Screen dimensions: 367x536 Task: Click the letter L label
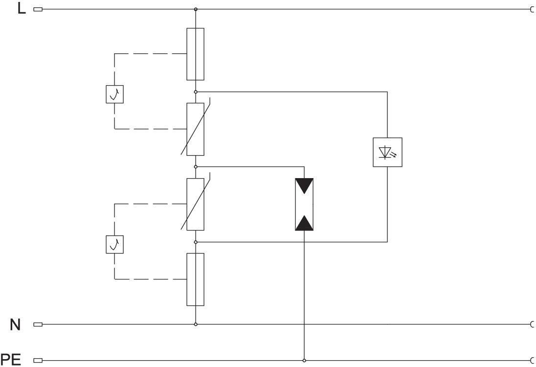(x=22, y=9)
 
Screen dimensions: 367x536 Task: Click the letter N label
(x=16, y=324)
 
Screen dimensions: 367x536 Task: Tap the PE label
(x=13, y=361)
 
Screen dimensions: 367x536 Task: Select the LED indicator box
(x=387, y=152)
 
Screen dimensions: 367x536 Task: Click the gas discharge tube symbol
(x=304, y=205)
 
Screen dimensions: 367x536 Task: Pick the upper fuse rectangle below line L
(x=196, y=54)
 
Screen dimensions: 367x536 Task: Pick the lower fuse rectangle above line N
(x=196, y=279)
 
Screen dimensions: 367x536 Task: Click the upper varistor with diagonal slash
(x=196, y=129)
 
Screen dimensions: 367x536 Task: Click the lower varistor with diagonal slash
(x=196, y=204)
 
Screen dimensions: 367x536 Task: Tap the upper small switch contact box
(x=114, y=94)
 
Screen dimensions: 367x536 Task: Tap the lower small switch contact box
(x=114, y=245)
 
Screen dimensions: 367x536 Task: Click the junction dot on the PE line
(x=304, y=361)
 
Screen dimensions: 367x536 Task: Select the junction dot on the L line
(x=196, y=9)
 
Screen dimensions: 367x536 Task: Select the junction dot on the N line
(x=196, y=324)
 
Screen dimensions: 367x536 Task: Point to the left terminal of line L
(x=38, y=9)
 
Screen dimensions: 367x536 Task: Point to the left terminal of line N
(x=38, y=324)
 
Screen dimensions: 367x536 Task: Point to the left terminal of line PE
(x=38, y=361)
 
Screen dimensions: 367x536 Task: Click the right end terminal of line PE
(x=532, y=361)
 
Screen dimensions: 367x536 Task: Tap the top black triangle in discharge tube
(x=304, y=186)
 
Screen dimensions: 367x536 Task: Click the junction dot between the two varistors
(x=196, y=167)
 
